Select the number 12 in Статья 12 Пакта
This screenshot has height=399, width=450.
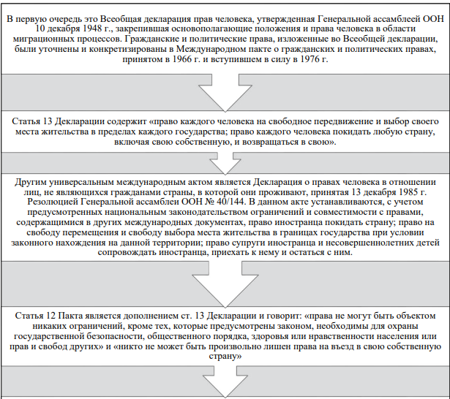coord(56,314)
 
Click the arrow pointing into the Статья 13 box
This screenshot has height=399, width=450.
coord(225,89)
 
